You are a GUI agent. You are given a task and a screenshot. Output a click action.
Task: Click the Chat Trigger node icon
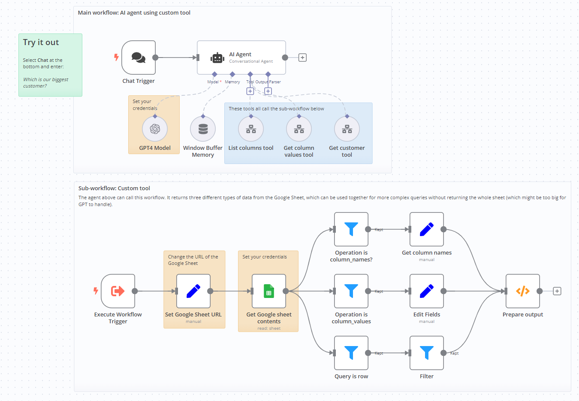[139, 58]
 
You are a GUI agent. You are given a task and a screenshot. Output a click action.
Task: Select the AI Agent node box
[241, 58]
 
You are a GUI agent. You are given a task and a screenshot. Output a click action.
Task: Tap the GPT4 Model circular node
[155, 129]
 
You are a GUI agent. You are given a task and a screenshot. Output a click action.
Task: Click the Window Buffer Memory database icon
[203, 129]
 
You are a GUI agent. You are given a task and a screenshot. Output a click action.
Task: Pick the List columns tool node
[251, 129]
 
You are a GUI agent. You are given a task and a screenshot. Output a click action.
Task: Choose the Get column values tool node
[299, 129]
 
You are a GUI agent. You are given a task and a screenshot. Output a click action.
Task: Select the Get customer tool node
[347, 129]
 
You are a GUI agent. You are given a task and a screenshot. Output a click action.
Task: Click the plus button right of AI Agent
[302, 58]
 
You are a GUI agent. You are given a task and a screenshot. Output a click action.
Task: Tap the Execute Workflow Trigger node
[118, 291]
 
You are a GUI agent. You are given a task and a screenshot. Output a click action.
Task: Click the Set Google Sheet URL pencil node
[193, 291]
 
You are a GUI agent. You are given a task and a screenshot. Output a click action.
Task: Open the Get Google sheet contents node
[269, 291]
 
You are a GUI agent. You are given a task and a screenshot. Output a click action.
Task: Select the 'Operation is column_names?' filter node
[351, 229]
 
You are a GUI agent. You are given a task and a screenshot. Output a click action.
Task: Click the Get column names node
[427, 229]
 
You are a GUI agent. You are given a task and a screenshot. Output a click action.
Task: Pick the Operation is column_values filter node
[351, 291]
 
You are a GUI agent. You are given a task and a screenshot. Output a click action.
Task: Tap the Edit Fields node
[427, 291]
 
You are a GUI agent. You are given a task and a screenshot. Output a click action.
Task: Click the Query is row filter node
[351, 353]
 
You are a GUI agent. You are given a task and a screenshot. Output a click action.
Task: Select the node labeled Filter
[427, 353]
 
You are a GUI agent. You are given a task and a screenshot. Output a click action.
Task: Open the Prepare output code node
[523, 291]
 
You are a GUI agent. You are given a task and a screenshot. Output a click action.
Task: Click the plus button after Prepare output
[557, 291]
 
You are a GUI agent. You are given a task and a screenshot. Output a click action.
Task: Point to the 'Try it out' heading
[41, 43]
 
